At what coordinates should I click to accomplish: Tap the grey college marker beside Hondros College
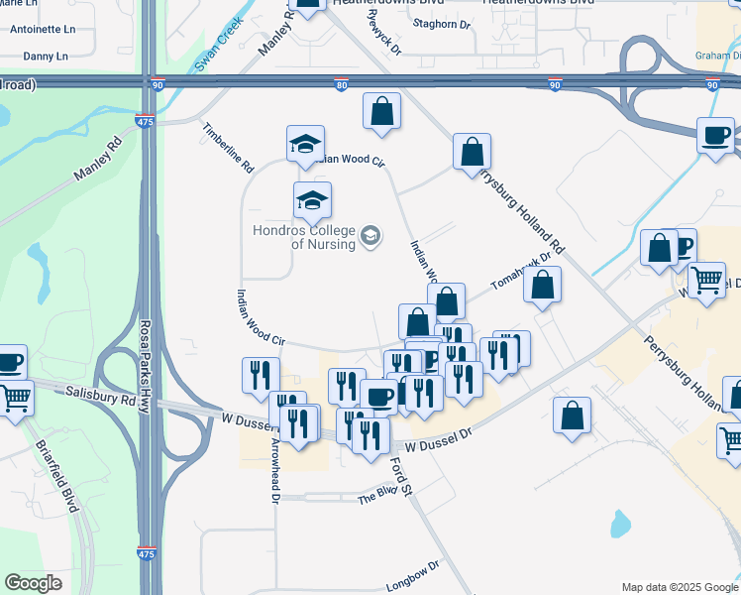click(370, 236)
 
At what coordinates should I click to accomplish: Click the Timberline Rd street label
click(228, 148)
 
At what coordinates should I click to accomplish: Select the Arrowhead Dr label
click(275, 487)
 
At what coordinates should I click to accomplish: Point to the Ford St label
click(400, 471)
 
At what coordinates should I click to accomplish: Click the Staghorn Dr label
click(442, 24)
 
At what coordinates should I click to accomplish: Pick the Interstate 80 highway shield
click(341, 85)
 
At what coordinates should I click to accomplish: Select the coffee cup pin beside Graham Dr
click(715, 137)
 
